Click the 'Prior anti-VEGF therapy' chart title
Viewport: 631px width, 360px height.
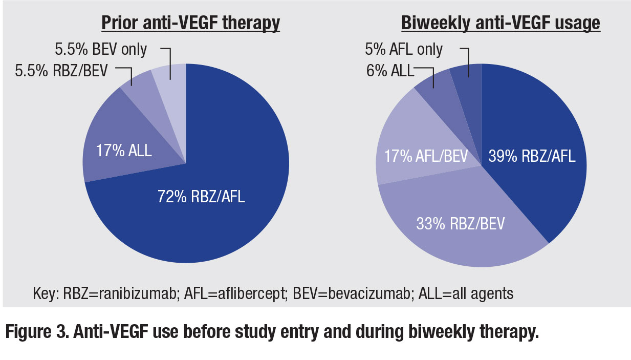190,23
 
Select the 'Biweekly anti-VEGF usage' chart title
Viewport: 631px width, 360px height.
501,23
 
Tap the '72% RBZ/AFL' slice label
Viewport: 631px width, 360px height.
201,196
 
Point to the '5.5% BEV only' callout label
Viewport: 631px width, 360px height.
100,49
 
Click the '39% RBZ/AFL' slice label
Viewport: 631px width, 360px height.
531,156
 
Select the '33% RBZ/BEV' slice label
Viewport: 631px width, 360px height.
460,224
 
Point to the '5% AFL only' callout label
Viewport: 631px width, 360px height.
404,49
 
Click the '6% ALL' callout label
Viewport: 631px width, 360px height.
388,70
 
